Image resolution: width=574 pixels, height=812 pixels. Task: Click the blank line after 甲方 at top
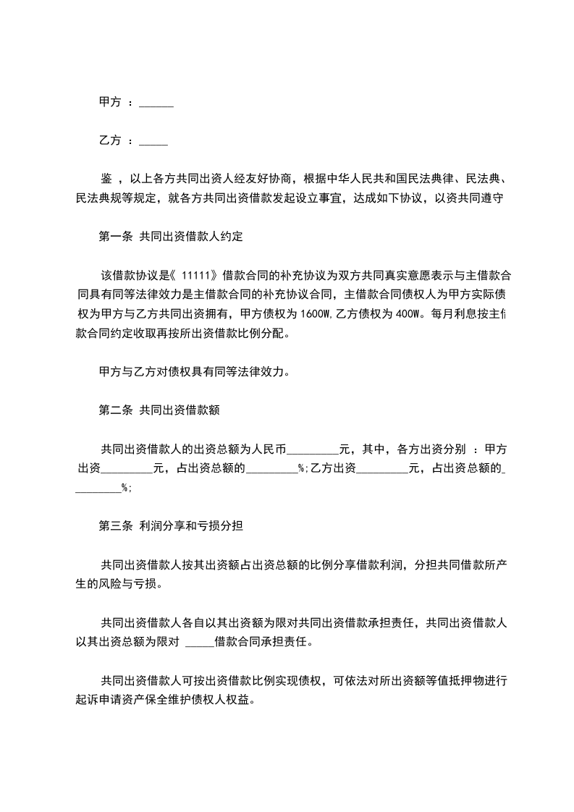156,104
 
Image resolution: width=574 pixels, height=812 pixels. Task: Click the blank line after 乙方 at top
153,141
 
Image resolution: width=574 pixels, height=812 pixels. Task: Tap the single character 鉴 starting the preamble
106,178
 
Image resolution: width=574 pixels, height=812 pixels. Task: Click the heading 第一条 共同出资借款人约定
170,237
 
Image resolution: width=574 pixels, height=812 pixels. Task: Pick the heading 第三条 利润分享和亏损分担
170,526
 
